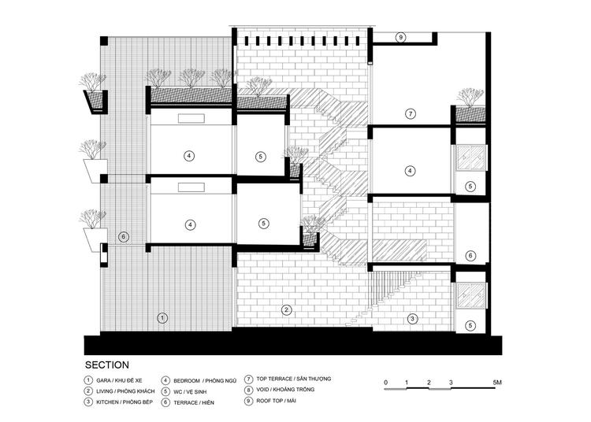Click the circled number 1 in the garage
(162, 318)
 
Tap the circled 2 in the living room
(287, 310)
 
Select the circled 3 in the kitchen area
(412, 319)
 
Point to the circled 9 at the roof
(400, 37)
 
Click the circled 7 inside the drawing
(411, 113)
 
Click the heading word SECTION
(107, 365)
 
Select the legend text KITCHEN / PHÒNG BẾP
(125, 402)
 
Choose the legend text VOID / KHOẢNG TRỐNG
(285, 390)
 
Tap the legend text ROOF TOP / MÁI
(277, 401)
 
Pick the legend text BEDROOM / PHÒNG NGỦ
(205, 381)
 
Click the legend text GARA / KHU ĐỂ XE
(120, 380)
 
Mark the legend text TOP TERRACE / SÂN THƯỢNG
(294, 379)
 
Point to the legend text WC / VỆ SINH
(190, 392)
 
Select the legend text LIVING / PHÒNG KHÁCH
(125, 391)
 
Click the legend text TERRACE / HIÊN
(194, 403)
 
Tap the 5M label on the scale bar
(497, 383)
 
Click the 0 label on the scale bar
(385, 383)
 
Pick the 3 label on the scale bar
(452, 383)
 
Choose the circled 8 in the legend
(248, 390)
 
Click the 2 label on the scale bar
(429, 383)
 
